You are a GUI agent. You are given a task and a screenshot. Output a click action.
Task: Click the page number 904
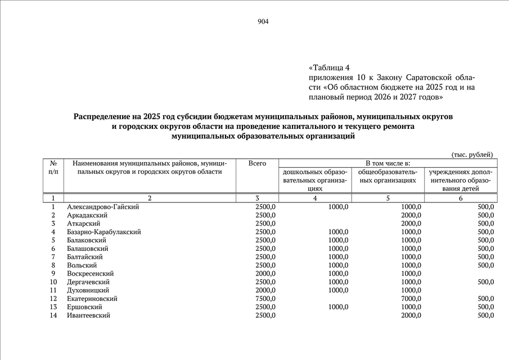pos(263,22)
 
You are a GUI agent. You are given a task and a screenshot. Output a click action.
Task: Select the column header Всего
pos(257,163)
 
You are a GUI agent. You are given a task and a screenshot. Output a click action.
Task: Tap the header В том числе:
pos(388,163)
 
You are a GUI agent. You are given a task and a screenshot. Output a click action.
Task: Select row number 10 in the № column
pos(53,282)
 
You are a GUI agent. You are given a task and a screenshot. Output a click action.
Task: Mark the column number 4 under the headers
pos(315,199)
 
